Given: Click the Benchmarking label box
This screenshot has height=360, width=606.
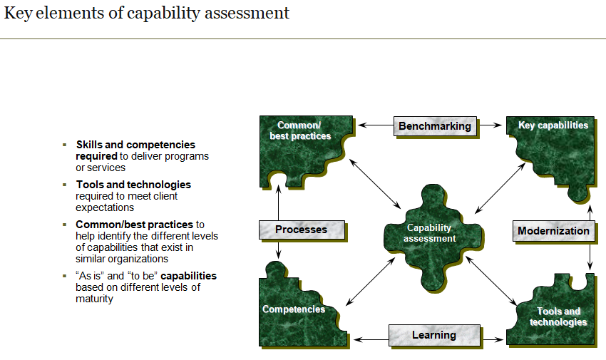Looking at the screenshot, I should [434, 126].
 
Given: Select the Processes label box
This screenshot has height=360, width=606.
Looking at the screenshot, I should [301, 230].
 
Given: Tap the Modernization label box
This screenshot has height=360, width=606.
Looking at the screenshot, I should [553, 231].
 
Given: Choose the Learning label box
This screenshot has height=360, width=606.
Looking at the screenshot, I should [433, 335].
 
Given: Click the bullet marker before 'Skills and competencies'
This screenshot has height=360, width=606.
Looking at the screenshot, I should [65, 145].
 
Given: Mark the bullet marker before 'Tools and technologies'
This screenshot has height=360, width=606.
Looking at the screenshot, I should [65, 185].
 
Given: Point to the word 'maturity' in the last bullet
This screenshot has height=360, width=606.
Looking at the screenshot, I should [94, 299].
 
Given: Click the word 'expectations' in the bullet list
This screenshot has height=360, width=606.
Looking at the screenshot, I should [105, 207].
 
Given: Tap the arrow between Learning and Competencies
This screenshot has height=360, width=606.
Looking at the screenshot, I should [371, 339].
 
